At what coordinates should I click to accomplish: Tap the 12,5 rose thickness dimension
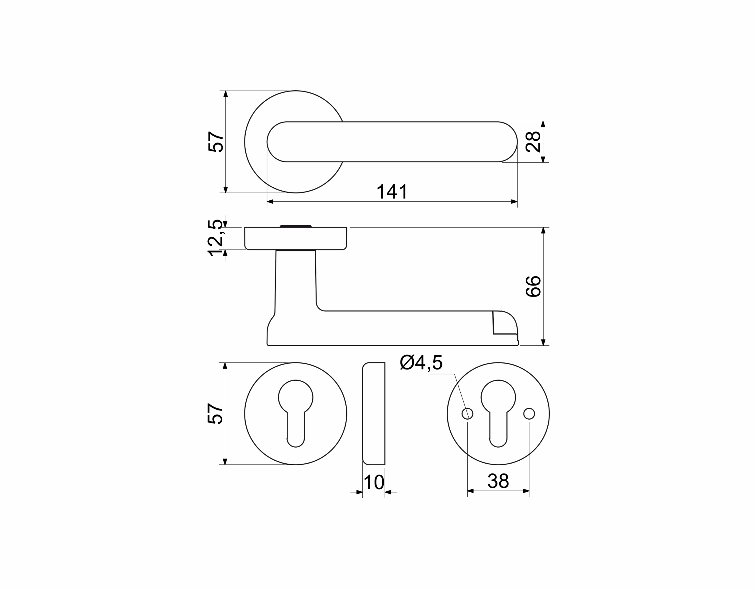click(215, 238)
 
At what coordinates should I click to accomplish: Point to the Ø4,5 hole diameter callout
click(421, 363)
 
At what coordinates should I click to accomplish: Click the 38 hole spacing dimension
click(498, 481)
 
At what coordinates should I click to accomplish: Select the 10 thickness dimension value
click(374, 482)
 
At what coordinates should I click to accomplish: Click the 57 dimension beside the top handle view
click(216, 142)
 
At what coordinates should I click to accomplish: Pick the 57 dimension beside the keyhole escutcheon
click(215, 413)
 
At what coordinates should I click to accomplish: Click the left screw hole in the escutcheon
click(467, 414)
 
